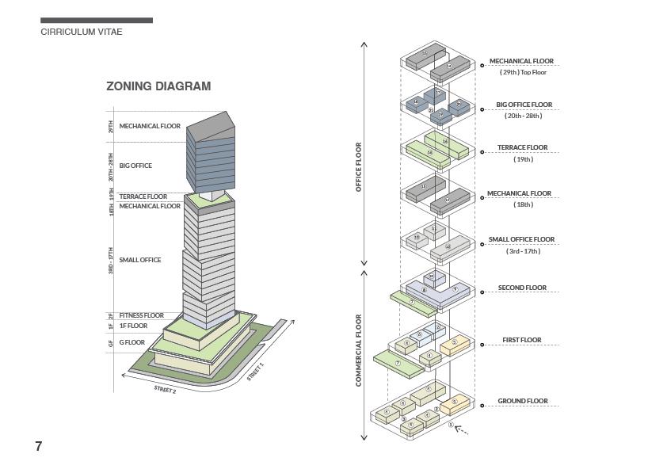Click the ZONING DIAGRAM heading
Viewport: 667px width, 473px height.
point(158,86)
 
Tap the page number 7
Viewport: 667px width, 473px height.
point(38,446)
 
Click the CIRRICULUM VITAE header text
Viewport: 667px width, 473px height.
point(81,32)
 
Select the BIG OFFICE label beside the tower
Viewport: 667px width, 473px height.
point(135,166)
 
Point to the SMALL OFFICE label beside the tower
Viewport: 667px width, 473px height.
point(140,260)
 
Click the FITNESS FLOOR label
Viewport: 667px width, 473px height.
point(142,315)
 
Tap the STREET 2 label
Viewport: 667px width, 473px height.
point(165,389)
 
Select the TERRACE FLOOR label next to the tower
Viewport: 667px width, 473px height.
point(143,196)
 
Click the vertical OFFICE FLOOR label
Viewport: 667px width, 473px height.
point(359,166)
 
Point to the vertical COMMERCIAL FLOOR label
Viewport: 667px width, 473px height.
point(359,350)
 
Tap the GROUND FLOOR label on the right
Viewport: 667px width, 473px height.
point(523,401)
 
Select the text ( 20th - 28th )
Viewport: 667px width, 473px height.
point(523,116)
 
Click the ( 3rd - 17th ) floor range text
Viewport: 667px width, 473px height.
point(523,251)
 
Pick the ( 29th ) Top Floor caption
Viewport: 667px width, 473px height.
point(523,72)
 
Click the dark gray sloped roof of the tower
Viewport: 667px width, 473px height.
point(211,124)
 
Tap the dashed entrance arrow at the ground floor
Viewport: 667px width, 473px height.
point(460,430)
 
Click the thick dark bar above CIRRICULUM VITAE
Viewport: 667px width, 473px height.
point(97,21)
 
